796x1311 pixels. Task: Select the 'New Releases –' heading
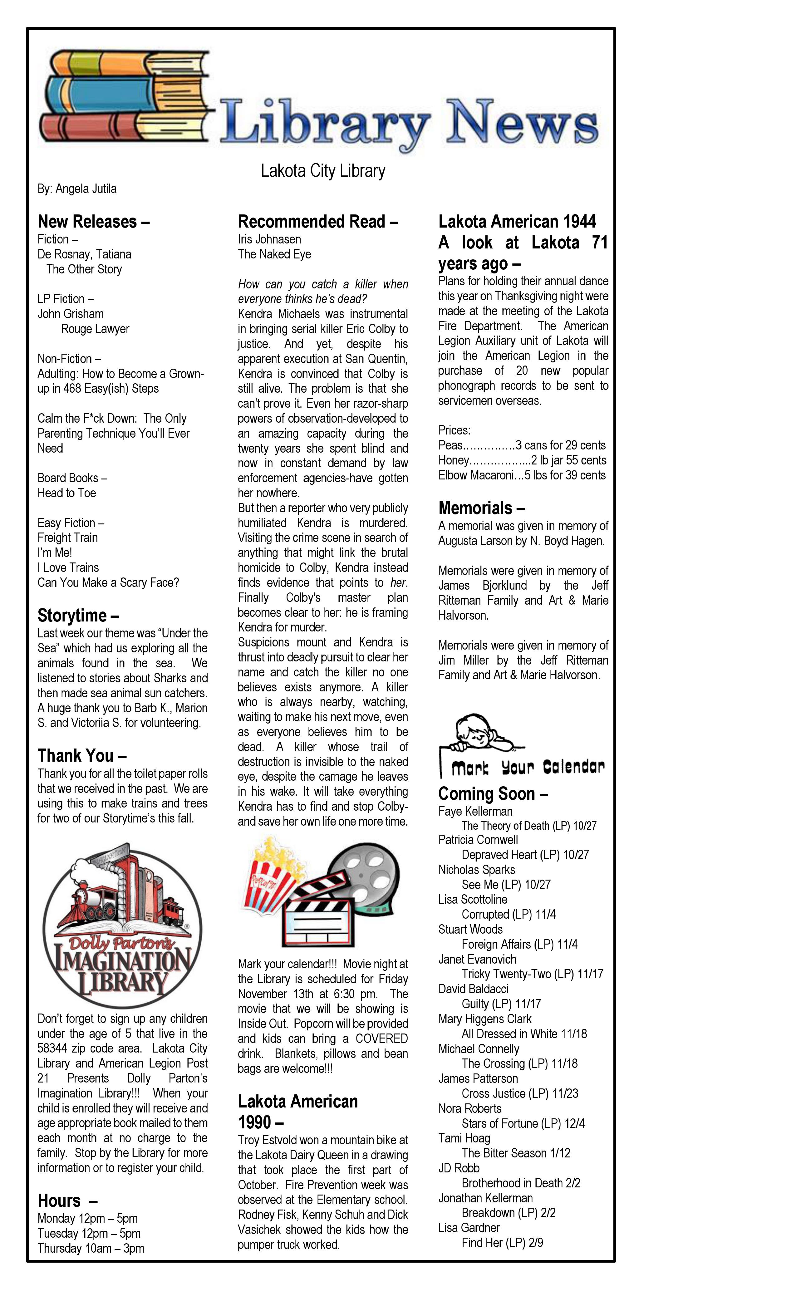(93, 221)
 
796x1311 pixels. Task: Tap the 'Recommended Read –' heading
(318, 221)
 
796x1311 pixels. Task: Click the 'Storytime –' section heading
(78, 616)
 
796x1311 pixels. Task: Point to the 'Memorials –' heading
(481, 508)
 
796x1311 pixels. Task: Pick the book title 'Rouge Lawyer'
(95, 329)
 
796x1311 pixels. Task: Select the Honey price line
(521, 460)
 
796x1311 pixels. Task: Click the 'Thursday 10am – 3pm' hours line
(91, 1248)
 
